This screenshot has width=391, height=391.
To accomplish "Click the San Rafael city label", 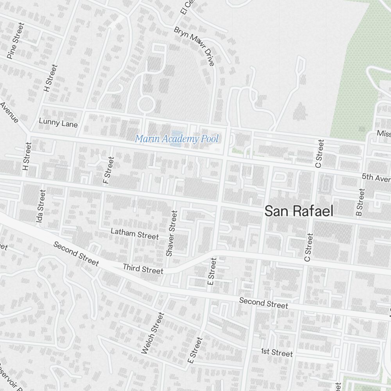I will (x=299, y=211).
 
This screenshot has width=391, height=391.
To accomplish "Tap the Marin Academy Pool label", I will (x=177, y=138).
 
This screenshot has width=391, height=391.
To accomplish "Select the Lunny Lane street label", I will (x=58, y=123).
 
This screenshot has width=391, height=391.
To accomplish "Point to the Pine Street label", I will (x=16, y=41).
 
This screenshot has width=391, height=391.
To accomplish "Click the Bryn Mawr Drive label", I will (x=195, y=46).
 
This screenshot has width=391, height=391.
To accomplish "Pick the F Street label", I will (x=108, y=170).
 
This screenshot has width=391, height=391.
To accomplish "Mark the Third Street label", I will (x=143, y=269).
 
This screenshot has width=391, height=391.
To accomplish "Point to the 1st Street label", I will (x=277, y=353).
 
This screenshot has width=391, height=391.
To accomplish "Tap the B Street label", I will (x=360, y=202).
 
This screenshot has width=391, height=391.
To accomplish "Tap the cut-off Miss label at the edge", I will (x=384, y=133).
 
